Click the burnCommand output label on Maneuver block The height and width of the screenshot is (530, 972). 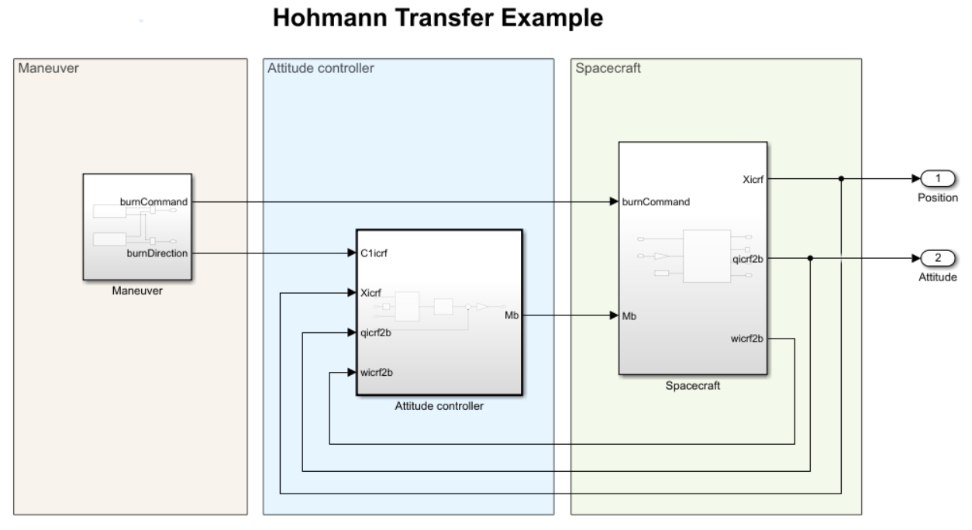click(x=153, y=201)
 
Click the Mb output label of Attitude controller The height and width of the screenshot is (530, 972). click(x=512, y=315)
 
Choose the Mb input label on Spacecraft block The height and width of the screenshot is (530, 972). click(x=630, y=315)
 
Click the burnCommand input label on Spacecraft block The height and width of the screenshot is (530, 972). click(x=656, y=201)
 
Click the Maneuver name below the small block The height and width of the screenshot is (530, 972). click(x=136, y=292)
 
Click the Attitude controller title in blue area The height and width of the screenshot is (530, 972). click(x=320, y=68)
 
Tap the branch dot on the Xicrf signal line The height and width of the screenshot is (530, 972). click(x=841, y=179)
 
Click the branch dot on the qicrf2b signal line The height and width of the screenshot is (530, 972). click(x=810, y=258)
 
